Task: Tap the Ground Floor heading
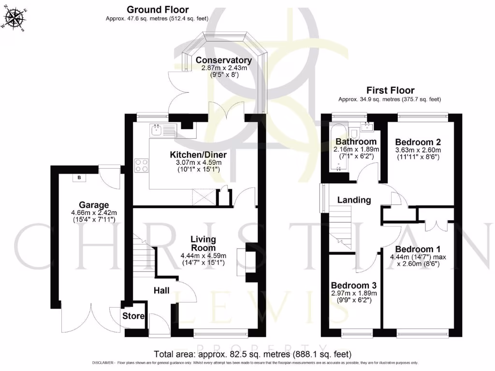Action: (158, 10)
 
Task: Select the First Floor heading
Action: (390, 90)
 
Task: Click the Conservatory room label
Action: (223, 60)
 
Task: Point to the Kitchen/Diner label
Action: (198, 155)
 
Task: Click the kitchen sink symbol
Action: (157, 129)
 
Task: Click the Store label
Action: (133, 316)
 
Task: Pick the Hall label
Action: (161, 290)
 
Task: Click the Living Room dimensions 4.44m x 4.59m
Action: (203, 256)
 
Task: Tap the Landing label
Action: (354, 200)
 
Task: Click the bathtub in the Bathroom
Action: (337, 148)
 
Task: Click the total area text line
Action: (252, 354)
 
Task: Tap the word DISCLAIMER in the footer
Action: (102, 363)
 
